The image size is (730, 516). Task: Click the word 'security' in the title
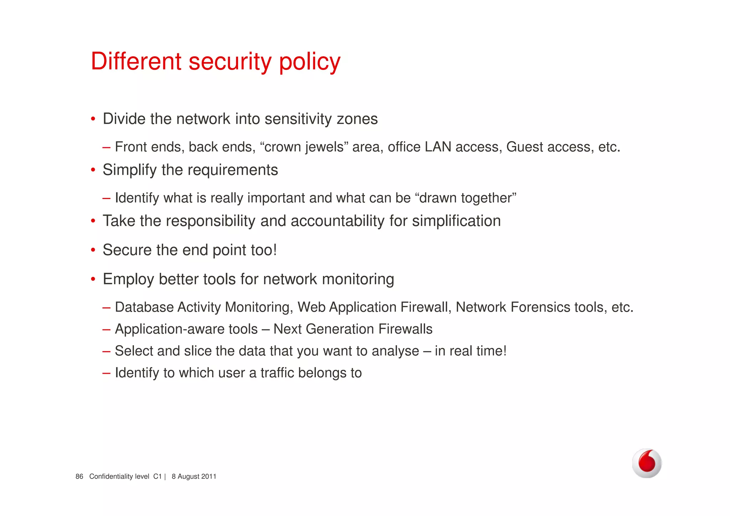pos(230,62)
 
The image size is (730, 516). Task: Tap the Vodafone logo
pos(647,463)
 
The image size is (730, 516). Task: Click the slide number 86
pos(79,476)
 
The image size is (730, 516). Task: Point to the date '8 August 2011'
pos(194,476)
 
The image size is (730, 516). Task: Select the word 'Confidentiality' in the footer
pos(119,476)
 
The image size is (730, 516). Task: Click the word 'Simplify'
pos(130,170)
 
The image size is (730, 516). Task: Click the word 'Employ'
pos(128,280)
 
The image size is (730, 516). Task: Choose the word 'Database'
pos(144,307)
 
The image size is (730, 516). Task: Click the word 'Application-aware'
pos(186,329)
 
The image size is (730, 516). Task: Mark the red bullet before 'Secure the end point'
pos(93,250)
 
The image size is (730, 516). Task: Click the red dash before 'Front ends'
pos(106,147)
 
